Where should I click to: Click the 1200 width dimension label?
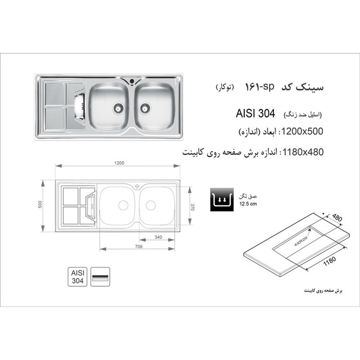(x=119, y=163)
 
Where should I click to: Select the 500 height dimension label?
(x=40, y=204)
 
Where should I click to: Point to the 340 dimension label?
(x=158, y=237)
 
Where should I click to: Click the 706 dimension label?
(x=139, y=246)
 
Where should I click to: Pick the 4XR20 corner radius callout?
(x=301, y=241)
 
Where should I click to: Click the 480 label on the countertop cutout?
(x=337, y=217)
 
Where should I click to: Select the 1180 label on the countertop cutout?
(x=330, y=261)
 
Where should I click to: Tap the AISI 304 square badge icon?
(x=77, y=276)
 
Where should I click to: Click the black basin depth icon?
(x=222, y=200)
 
